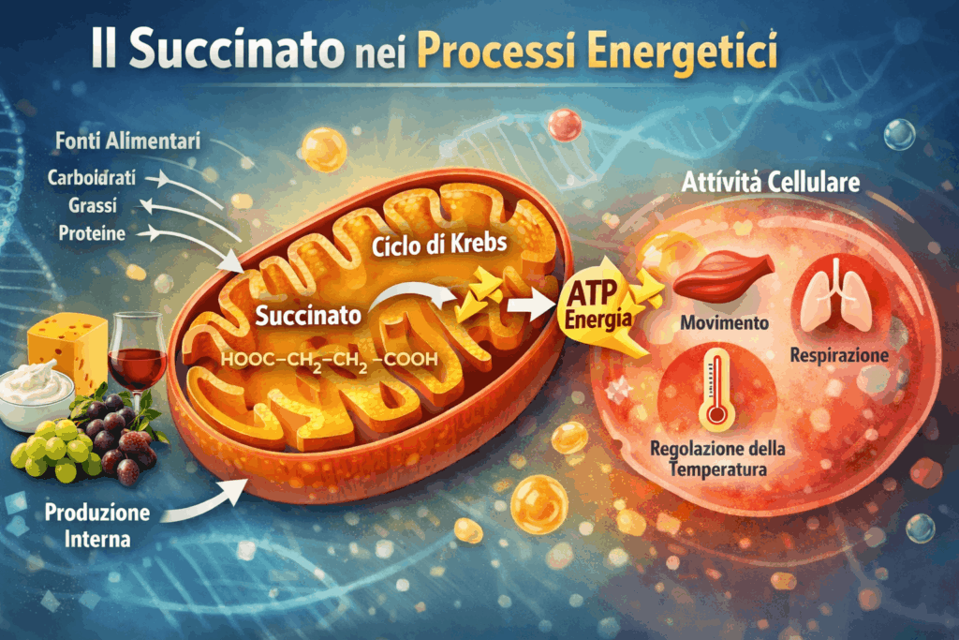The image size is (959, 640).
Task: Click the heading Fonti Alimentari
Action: (x=122, y=141)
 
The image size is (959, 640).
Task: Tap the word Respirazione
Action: (x=839, y=356)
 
